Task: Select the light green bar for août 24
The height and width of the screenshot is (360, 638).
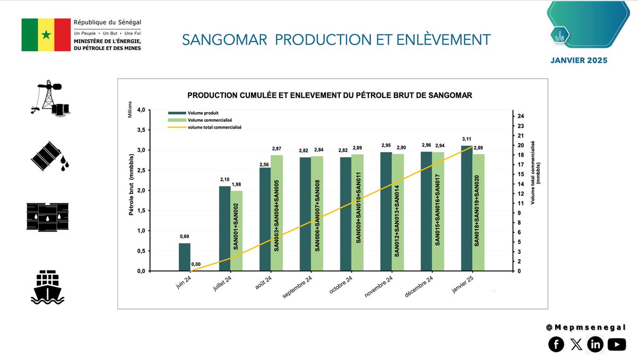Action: click(276, 213)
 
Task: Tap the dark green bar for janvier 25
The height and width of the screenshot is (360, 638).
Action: click(466, 208)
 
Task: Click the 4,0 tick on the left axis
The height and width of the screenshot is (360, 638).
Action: click(139, 110)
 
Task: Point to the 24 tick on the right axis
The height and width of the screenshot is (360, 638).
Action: click(521, 116)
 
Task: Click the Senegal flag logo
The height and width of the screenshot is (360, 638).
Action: click(46, 35)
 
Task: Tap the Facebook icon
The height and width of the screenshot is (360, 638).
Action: click(556, 345)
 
